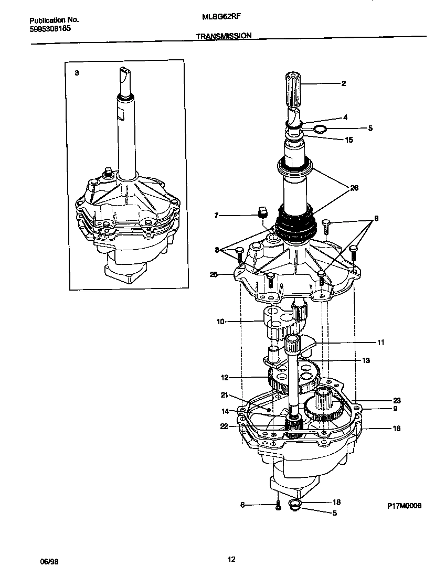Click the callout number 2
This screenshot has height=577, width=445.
click(343, 83)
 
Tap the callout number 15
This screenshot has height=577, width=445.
click(349, 140)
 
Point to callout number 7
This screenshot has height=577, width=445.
click(216, 215)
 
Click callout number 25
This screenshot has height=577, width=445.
click(214, 274)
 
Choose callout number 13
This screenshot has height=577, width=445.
click(366, 360)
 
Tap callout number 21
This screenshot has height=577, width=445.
click(224, 395)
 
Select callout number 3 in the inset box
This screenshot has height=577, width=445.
click(77, 73)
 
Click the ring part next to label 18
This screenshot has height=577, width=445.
click(295, 506)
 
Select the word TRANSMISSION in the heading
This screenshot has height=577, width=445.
click(223, 36)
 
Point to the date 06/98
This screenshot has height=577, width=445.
click(49, 561)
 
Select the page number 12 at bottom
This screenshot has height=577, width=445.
click(231, 559)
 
